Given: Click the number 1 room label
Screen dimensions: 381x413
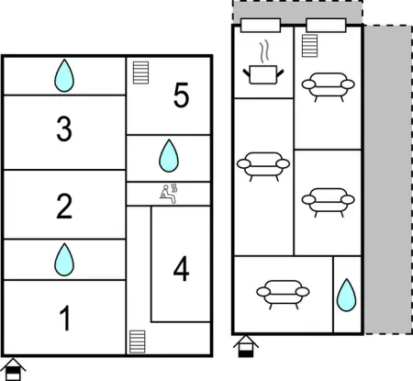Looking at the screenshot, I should (x=64, y=319).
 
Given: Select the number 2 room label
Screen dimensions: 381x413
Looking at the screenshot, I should (x=64, y=206).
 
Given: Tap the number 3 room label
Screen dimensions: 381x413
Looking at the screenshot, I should (x=64, y=130).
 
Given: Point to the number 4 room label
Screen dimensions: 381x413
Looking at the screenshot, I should (x=181, y=270).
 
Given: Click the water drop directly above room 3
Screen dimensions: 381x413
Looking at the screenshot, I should (x=63, y=75).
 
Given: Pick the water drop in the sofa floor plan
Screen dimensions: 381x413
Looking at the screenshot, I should (x=346, y=296).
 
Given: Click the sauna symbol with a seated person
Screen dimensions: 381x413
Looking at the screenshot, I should (x=168, y=193).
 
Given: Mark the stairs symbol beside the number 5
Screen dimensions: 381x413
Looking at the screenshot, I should (x=140, y=73).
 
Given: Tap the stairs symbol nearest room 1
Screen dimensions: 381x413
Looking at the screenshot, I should (x=138, y=342).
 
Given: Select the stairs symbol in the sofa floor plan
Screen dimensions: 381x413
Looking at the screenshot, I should (x=308, y=45).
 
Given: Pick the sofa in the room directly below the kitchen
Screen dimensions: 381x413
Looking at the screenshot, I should (x=263, y=165).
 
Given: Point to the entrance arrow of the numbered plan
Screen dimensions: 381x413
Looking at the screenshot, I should (x=14, y=369).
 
